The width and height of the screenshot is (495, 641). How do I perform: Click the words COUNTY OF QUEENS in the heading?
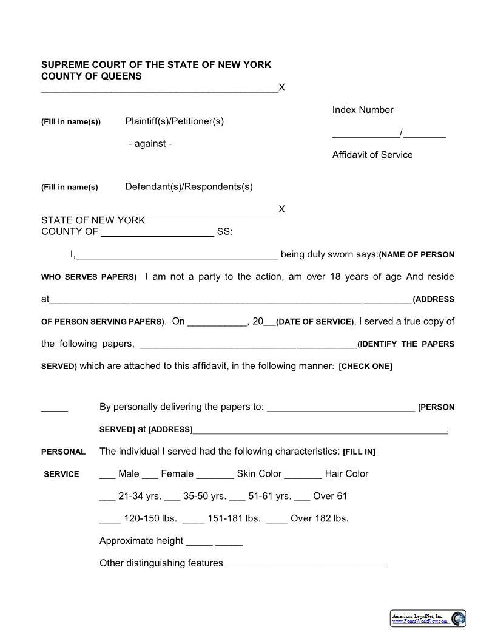pos(92,76)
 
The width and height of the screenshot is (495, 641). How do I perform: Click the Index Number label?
pos(363,110)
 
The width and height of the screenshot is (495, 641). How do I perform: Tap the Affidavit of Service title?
pos(372,155)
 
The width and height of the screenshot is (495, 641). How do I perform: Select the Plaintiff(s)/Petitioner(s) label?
pos(175,121)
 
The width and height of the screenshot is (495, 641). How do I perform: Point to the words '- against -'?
pos(150,144)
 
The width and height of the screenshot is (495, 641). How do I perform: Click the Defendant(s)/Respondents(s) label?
pos(189,186)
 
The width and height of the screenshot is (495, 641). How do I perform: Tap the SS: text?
pos(224,232)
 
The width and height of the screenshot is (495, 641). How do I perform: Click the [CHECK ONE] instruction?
pos(365,367)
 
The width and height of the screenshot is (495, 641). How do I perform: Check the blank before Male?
pos(107,477)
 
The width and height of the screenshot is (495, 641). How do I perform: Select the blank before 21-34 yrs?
pos(107,499)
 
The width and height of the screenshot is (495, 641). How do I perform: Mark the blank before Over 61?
pos(301,499)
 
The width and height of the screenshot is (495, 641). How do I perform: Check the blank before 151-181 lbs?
pos(193,521)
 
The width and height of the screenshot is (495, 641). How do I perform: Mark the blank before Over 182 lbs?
pos(277,521)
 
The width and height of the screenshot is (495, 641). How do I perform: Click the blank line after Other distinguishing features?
pos(306,566)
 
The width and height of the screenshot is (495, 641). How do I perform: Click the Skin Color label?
pos(259,474)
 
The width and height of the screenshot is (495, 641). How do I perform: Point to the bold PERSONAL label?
pos(63,452)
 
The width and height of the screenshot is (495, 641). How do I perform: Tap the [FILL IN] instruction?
pos(359,452)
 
